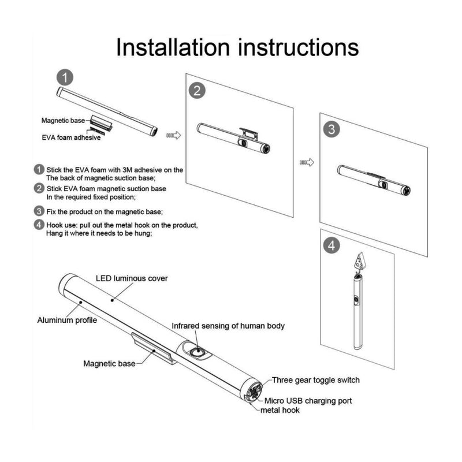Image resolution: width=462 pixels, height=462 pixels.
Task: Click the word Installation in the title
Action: click(x=173, y=47)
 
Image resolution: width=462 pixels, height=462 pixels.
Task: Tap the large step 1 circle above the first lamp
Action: click(x=65, y=77)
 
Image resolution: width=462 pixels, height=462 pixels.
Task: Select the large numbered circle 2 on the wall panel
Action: click(x=197, y=90)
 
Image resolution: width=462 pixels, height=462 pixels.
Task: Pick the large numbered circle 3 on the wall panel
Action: click(x=331, y=129)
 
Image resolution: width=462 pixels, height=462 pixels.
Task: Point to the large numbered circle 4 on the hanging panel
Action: click(x=331, y=245)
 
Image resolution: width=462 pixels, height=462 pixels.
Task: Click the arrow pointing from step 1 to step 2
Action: click(x=174, y=135)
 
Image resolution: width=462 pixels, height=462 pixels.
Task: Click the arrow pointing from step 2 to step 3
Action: click(x=307, y=162)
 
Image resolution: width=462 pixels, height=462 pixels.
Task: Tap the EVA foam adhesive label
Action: click(x=71, y=137)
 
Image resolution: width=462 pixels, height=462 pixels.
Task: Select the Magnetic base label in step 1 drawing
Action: click(x=63, y=121)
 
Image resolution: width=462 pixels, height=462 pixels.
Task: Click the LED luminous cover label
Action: click(x=132, y=278)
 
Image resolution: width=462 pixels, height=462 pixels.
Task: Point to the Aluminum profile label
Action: click(x=67, y=320)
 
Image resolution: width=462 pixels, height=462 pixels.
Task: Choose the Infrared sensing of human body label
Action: click(x=228, y=326)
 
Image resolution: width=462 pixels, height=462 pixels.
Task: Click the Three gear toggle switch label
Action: click(x=315, y=380)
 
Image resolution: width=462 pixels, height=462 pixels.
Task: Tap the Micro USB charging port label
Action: click(x=308, y=401)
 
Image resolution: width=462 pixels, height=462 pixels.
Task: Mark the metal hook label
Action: click(x=280, y=410)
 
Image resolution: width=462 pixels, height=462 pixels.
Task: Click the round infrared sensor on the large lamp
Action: click(x=196, y=352)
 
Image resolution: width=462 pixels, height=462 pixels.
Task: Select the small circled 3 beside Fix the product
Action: click(x=39, y=211)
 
